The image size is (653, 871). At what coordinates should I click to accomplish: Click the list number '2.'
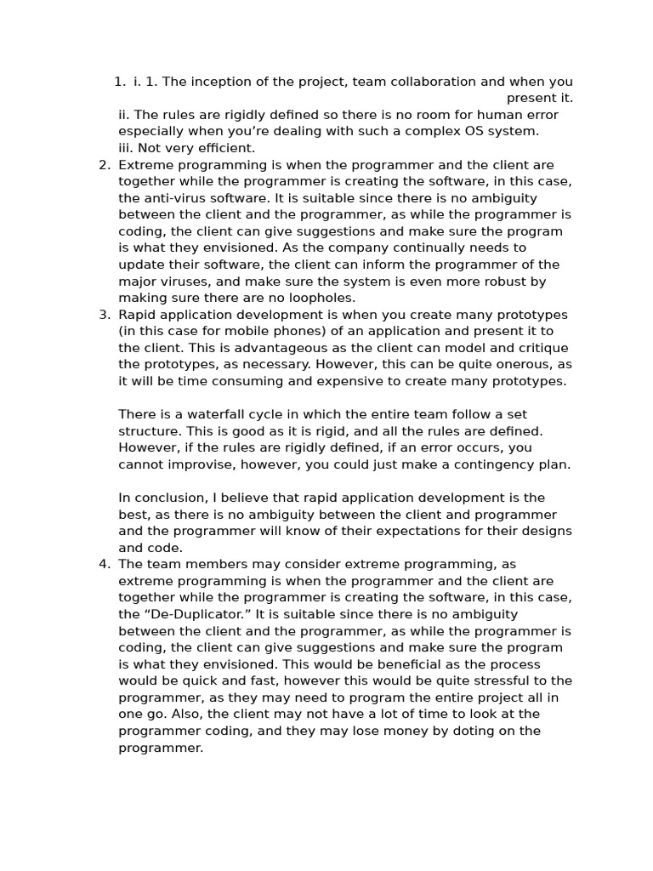coord(105,165)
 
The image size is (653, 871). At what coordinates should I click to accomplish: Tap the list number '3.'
coord(105,315)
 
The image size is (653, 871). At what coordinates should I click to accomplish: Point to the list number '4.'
coord(105,564)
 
